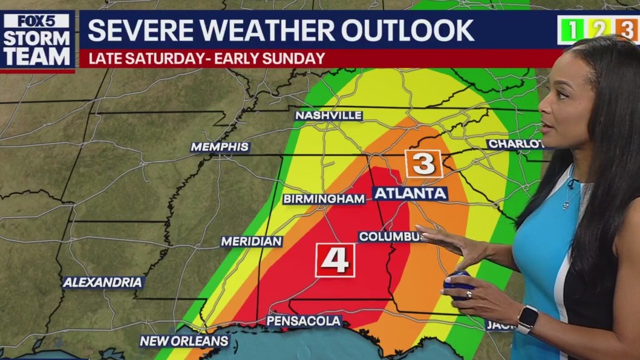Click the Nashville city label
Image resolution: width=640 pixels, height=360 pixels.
pyautogui.click(x=328, y=115)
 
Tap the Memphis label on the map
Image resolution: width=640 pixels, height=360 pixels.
pyautogui.click(x=220, y=147)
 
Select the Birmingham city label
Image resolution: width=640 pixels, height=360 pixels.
pyautogui.click(x=324, y=199)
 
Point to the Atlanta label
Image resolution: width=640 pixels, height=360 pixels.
pyautogui.click(x=410, y=194)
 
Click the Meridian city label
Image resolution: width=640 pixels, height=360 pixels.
pyautogui.click(x=252, y=241)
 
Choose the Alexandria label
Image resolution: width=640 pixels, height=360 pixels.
pyautogui.click(x=103, y=282)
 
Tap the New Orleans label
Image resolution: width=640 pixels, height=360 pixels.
pyautogui.click(x=184, y=341)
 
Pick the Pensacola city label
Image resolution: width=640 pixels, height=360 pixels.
pyautogui.click(x=304, y=321)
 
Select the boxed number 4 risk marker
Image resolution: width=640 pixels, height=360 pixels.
pyautogui.click(x=335, y=260)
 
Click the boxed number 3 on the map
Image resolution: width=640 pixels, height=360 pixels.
pyautogui.click(x=424, y=163)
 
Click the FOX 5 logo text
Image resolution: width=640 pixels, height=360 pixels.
pyautogui.click(x=38, y=21)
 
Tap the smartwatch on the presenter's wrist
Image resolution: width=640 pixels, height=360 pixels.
pyautogui.click(x=527, y=319)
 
